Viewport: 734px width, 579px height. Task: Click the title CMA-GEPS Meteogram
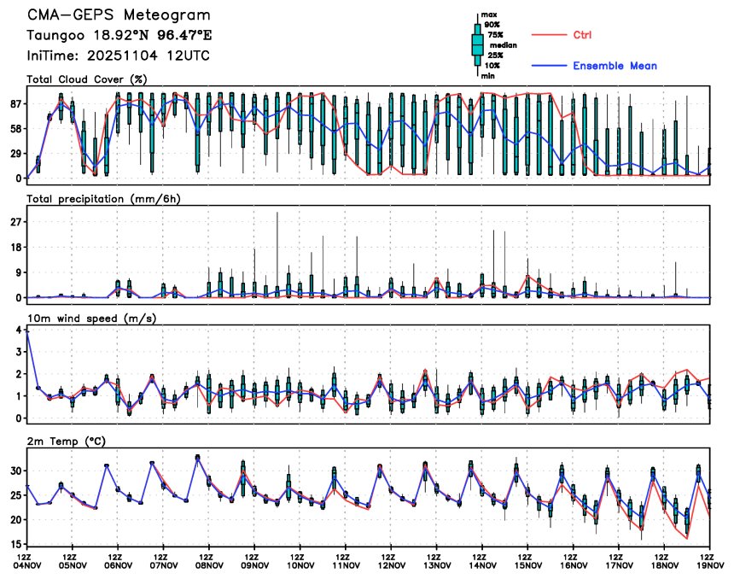coord(118,15)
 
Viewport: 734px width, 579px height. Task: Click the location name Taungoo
coord(54,36)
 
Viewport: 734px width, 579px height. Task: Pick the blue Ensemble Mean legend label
coord(615,66)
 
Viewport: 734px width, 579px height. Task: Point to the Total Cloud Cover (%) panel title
coord(87,79)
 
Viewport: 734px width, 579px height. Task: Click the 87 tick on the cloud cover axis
coord(15,103)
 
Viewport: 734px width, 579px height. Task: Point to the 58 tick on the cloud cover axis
coord(15,128)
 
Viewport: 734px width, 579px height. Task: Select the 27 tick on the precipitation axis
coord(15,222)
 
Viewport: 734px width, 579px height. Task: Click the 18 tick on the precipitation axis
coord(15,248)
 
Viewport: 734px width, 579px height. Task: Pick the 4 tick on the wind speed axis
coord(18,330)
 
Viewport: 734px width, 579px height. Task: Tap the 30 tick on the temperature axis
coord(15,471)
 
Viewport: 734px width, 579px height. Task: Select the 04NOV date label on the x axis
coord(27,564)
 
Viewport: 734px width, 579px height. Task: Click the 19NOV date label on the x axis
coord(710,564)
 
